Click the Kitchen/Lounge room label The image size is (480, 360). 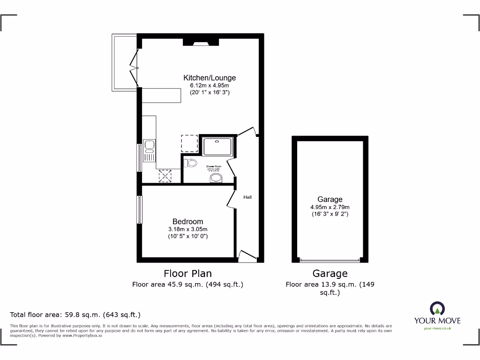tap(210, 78)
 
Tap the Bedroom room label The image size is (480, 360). tap(187, 221)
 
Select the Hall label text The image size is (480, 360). tap(247, 197)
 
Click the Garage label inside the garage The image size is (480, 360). tap(330, 199)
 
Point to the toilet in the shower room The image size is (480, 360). tap(190, 163)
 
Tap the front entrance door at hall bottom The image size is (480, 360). tap(247, 255)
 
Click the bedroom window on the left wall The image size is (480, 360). tap(139, 210)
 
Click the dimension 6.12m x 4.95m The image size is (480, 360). tap(210, 86)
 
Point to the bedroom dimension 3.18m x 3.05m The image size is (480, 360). tap(187, 229)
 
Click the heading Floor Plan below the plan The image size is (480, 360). tap(187, 273)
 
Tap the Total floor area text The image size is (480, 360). tap(75, 315)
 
